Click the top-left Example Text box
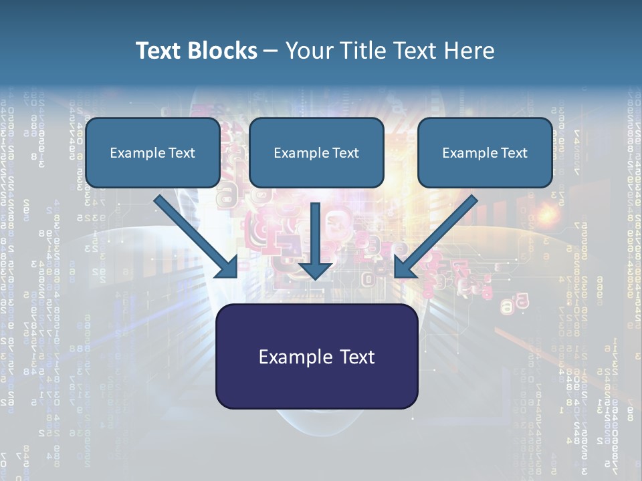(152, 152)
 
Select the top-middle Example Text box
(316, 152)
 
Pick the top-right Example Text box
(485, 152)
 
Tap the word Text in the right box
(514, 153)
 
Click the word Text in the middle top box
(345, 153)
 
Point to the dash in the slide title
(271, 51)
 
